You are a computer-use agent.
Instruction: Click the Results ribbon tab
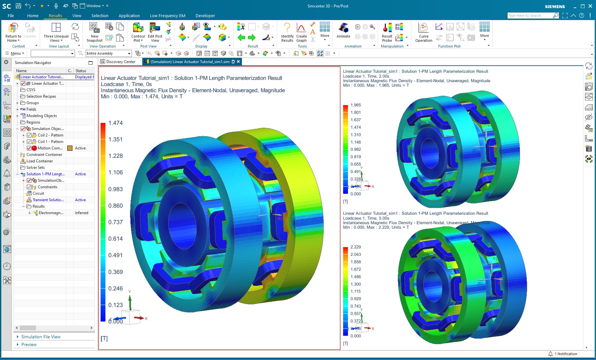pyautogui.click(x=55, y=16)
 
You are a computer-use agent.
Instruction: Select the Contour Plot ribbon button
pyautogui.click(x=138, y=32)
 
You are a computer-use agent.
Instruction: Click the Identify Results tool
pyautogui.click(x=287, y=32)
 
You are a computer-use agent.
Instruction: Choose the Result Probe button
pyautogui.click(x=387, y=32)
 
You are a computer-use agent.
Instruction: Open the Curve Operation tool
pyautogui.click(x=424, y=32)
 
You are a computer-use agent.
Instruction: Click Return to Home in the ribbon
pyautogui.click(x=13, y=32)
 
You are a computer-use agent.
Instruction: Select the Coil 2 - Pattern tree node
pyautogui.click(x=50, y=135)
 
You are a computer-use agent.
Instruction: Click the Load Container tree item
pyautogui.click(x=39, y=161)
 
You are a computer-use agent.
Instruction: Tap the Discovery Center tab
pyautogui.click(x=120, y=62)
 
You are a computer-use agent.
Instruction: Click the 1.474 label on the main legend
pyautogui.click(x=115, y=123)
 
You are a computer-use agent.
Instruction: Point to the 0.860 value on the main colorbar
pyautogui.click(x=115, y=206)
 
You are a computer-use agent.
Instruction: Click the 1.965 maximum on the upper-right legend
pyautogui.click(x=355, y=105)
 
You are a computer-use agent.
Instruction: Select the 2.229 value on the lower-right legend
pyautogui.click(x=355, y=247)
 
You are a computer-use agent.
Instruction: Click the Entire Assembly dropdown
pyautogui.click(x=108, y=53)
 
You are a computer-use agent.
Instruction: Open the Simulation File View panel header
pyautogui.click(x=41, y=337)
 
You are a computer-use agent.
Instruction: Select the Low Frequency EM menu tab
pyautogui.click(x=168, y=16)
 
